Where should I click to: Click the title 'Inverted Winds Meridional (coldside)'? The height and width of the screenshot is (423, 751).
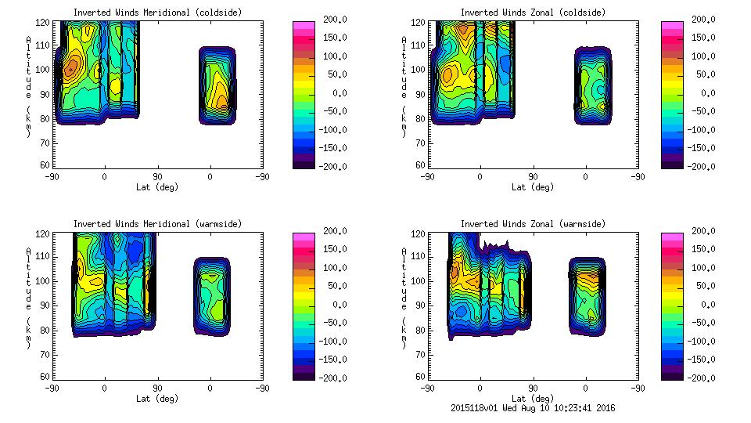157,13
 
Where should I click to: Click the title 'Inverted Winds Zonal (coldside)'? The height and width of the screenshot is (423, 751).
533,13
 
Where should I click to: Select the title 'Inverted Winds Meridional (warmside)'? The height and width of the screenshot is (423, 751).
157,224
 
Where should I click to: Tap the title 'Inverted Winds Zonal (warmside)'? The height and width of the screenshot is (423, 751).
533,224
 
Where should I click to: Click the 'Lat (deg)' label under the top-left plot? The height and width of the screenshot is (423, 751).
157,187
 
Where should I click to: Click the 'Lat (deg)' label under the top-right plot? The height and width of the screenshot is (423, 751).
533,187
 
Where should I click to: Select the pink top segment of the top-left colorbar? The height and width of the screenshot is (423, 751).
302,26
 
